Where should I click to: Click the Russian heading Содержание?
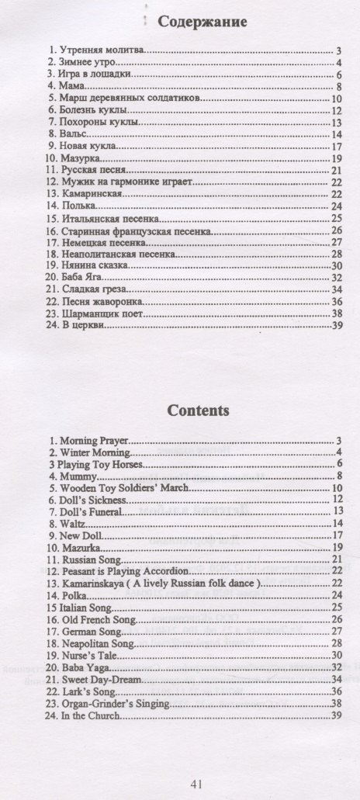[x=202, y=22]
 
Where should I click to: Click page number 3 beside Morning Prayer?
[x=340, y=441]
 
